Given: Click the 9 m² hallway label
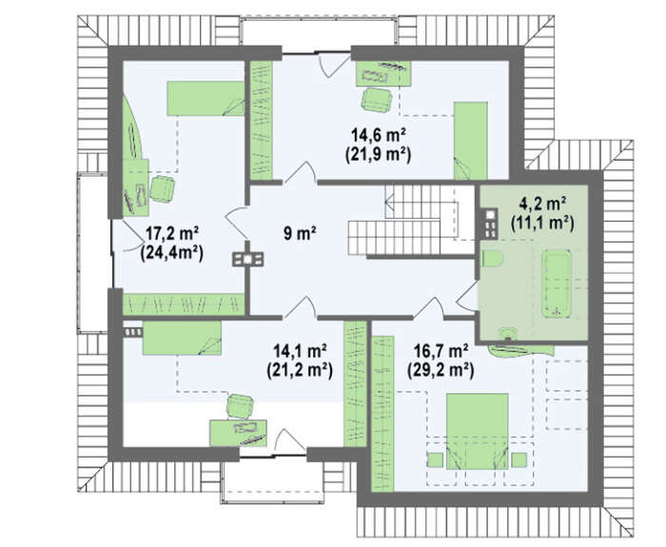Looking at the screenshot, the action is (x=301, y=233).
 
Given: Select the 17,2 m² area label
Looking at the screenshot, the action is (x=172, y=233).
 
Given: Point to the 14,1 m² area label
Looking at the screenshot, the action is (x=300, y=352).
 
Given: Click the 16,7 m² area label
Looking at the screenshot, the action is (x=441, y=352).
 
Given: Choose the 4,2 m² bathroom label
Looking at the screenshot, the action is (x=542, y=204).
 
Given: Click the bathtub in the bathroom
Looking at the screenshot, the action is (x=557, y=283).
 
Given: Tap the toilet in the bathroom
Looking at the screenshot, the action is (x=493, y=259).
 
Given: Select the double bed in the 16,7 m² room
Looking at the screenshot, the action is (x=477, y=431).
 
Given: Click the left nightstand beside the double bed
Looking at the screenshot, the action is (x=435, y=460).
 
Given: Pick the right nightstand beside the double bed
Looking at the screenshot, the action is (x=519, y=460).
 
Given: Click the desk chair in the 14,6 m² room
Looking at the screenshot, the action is (x=377, y=100).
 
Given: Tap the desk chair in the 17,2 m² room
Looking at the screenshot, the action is (x=163, y=188).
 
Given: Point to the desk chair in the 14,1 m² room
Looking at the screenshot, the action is (x=240, y=406).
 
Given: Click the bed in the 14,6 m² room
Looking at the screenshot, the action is (x=471, y=140).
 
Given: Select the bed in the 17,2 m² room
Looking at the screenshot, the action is (x=206, y=99).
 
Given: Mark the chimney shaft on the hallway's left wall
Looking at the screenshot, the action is (x=247, y=259).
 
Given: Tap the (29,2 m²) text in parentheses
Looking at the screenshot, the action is (x=441, y=371).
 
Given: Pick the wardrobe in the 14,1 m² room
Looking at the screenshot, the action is (x=355, y=383).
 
